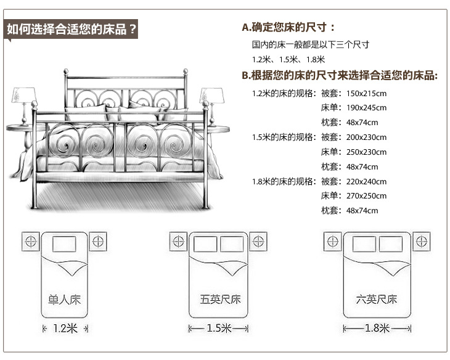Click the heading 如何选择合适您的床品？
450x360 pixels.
(x=71, y=30)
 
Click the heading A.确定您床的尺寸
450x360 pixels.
(x=288, y=27)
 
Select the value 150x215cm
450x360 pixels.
(x=366, y=94)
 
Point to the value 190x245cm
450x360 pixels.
(x=366, y=108)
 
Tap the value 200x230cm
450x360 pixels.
(x=366, y=137)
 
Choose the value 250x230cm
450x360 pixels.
(x=366, y=152)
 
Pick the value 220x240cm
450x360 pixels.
(x=366, y=182)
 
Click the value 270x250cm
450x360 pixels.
(x=366, y=196)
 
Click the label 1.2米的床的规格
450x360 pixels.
(x=284, y=94)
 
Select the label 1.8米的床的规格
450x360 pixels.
(x=284, y=182)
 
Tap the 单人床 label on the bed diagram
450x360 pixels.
(x=65, y=300)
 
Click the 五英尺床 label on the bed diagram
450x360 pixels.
(x=220, y=300)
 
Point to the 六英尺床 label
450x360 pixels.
(x=377, y=300)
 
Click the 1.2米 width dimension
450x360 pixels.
(x=65, y=329)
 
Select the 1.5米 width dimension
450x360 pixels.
(x=219, y=329)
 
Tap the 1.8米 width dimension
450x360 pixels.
(x=377, y=329)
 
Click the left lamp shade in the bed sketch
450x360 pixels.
(x=23, y=95)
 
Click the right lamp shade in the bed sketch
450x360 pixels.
(x=211, y=95)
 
